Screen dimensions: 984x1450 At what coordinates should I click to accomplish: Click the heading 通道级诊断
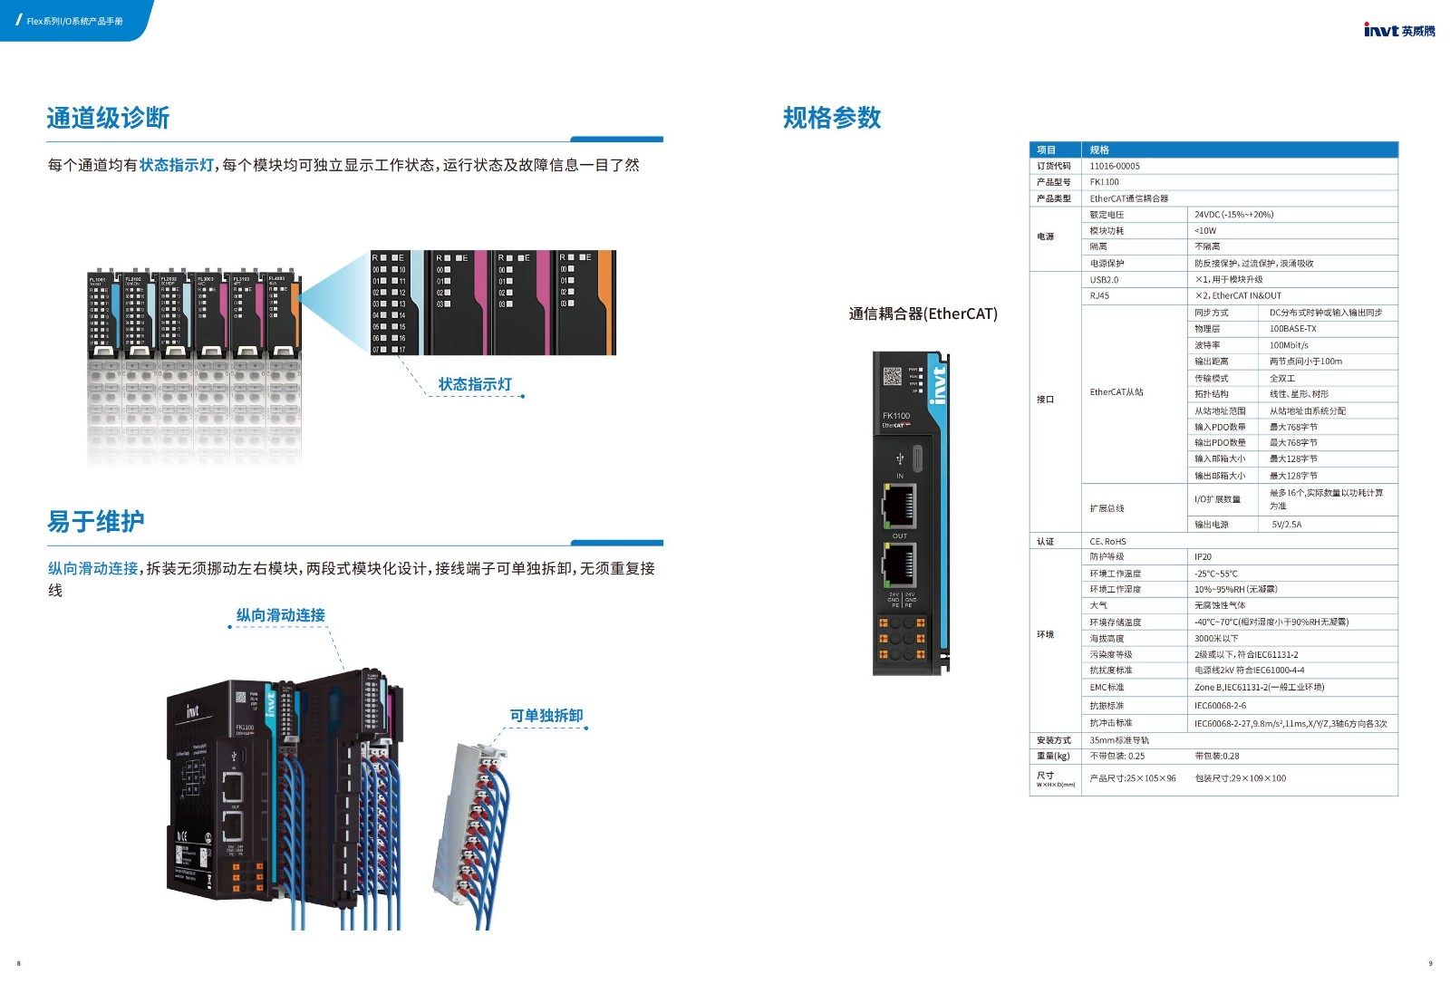(x=108, y=118)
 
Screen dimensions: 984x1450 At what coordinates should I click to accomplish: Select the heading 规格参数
(x=831, y=118)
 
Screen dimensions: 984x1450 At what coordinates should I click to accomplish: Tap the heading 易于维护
(x=95, y=521)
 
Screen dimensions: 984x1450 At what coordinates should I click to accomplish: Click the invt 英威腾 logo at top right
(x=1398, y=30)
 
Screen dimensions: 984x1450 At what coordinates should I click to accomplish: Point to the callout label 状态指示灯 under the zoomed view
(x=475, y=384)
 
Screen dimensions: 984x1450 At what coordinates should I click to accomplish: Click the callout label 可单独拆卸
(x=546, y=716)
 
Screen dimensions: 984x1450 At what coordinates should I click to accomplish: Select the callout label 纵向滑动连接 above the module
(x=280, y=615)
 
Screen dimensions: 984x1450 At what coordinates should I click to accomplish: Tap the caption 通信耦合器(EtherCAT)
(x=923, y=314)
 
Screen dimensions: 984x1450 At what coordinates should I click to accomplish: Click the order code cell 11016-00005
(x=1115, y=166)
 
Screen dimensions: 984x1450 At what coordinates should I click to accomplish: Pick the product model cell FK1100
(x=1104, y=182)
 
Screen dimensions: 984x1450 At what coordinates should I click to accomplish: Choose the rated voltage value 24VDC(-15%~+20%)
(x=1233, y=215)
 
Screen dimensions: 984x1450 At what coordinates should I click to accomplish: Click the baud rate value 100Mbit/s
(x=1288, y=345)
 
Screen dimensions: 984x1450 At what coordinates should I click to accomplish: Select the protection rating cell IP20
(x=1203, y=557)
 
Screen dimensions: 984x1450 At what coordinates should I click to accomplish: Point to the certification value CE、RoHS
(x=1107, y=541)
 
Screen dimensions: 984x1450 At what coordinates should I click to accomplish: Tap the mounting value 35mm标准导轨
(x=1118, y=740)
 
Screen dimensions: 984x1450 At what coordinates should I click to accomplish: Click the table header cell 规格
(x=1099, y=150)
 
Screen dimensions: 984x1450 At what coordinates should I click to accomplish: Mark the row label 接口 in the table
(x=1045, y=400)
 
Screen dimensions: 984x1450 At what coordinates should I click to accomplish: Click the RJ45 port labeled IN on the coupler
(x=899, y=505)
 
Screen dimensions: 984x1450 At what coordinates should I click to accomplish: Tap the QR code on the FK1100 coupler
(x=892, y=377)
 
